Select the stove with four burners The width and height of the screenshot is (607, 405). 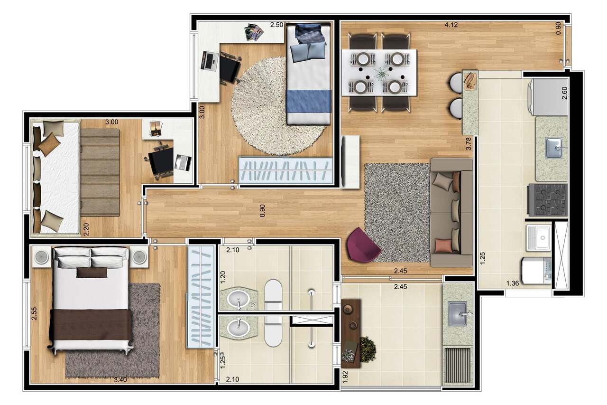pos(548,200)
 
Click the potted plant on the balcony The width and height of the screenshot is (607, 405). pos(367,349)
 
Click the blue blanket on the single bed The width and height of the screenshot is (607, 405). pos(308,102)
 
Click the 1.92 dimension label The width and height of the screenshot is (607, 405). pos(345,376)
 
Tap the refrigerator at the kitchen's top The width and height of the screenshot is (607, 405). pos(549,97)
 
